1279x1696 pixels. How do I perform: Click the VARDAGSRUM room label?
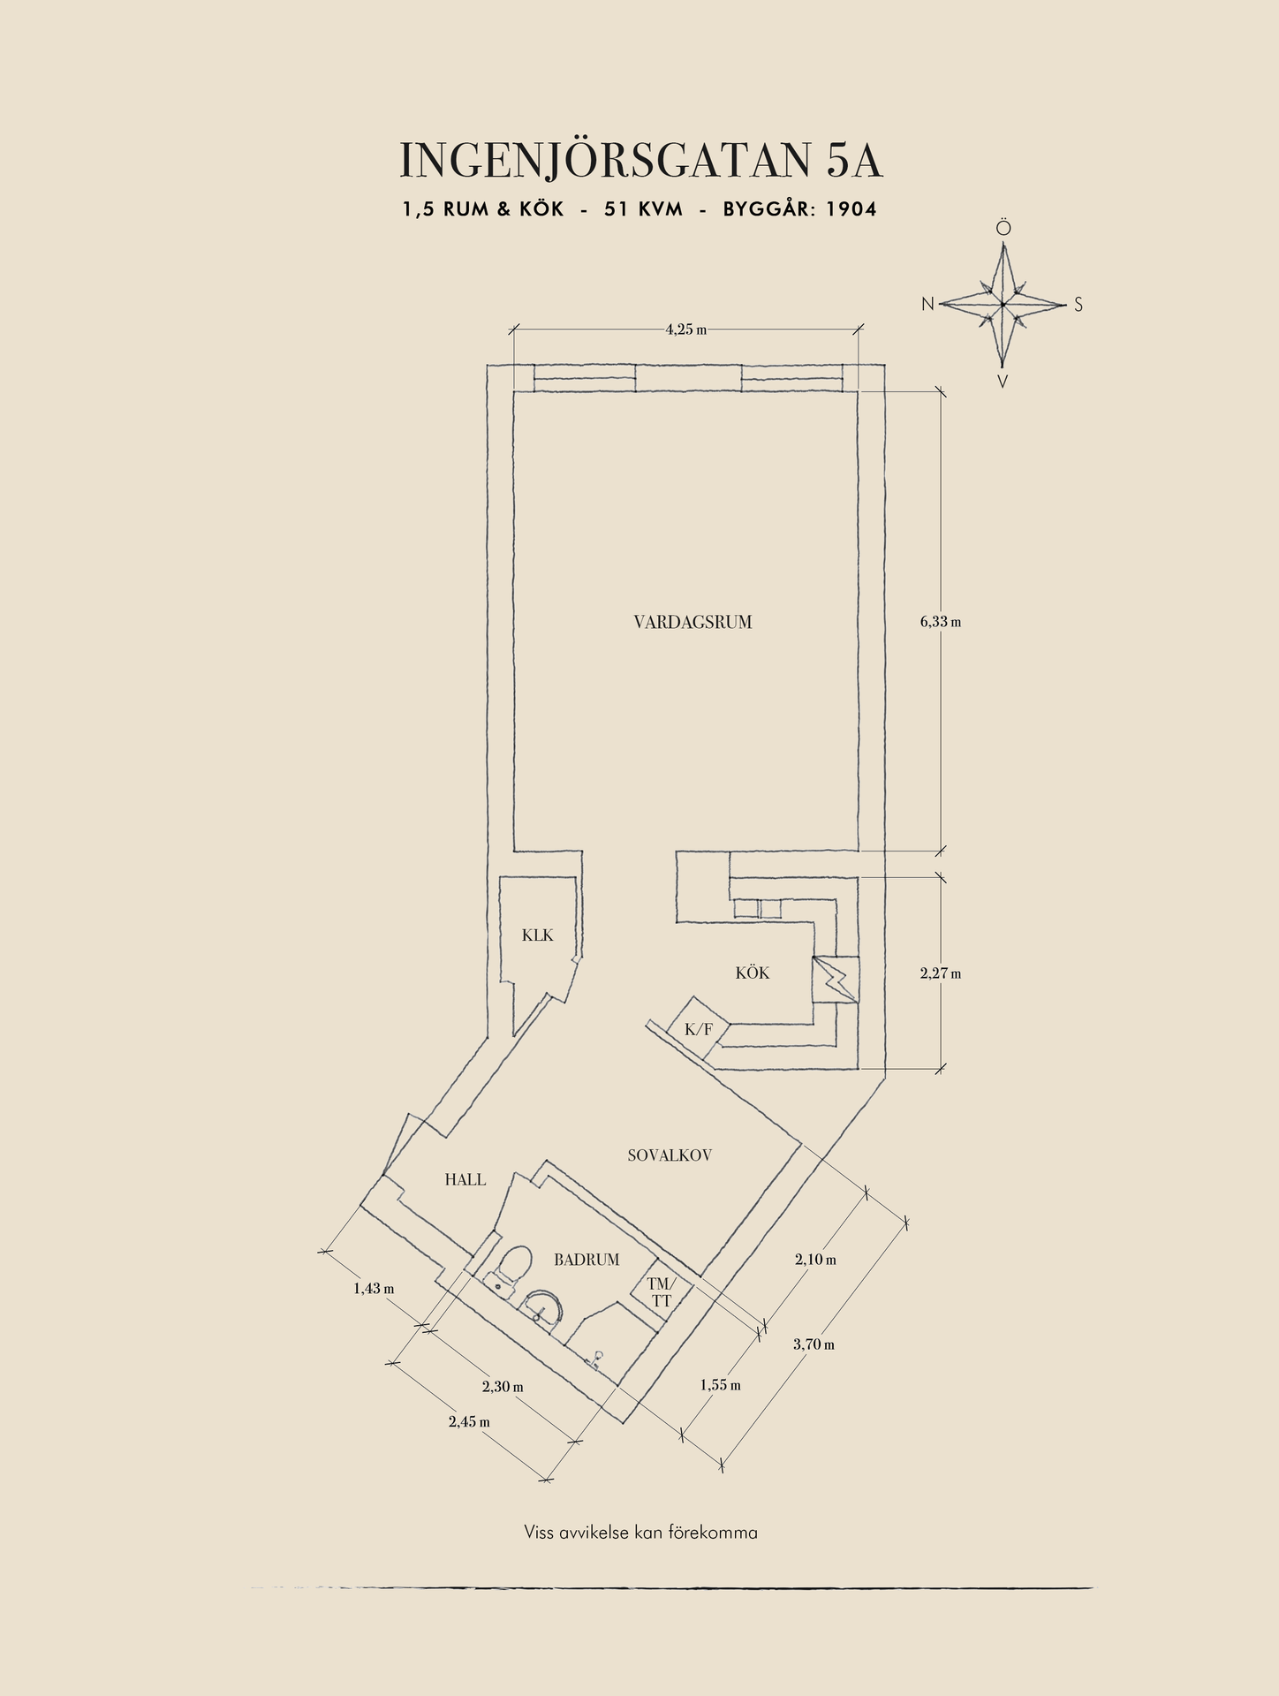[x=692, y=622]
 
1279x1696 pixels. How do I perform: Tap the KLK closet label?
[x=537, y=935]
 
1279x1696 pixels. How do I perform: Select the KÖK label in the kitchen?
[x=753, y=973]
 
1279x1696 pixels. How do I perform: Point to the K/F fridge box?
[x=698, y=1029]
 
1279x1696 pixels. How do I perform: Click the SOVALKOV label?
[x=670, y=1155]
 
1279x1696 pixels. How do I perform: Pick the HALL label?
[x=465, y=1179]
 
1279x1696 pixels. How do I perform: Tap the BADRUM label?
[x=587, y=1261]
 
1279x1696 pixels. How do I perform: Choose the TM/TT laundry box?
[x=662, y=1292]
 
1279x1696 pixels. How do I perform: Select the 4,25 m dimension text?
[x=686, y=329]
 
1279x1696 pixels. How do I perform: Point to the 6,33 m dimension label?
[x=940, y=622]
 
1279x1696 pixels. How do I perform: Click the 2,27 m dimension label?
[x=940, y=973]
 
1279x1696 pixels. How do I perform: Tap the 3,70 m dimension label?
[x=814, y=1344]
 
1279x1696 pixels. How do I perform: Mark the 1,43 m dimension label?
[x=374, y=1289]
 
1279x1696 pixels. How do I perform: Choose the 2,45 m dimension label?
[x=469, y=1422]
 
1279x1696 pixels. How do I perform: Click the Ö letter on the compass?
[x=1003, y=229]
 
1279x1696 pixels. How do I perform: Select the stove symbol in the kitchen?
[x=836, y=980]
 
